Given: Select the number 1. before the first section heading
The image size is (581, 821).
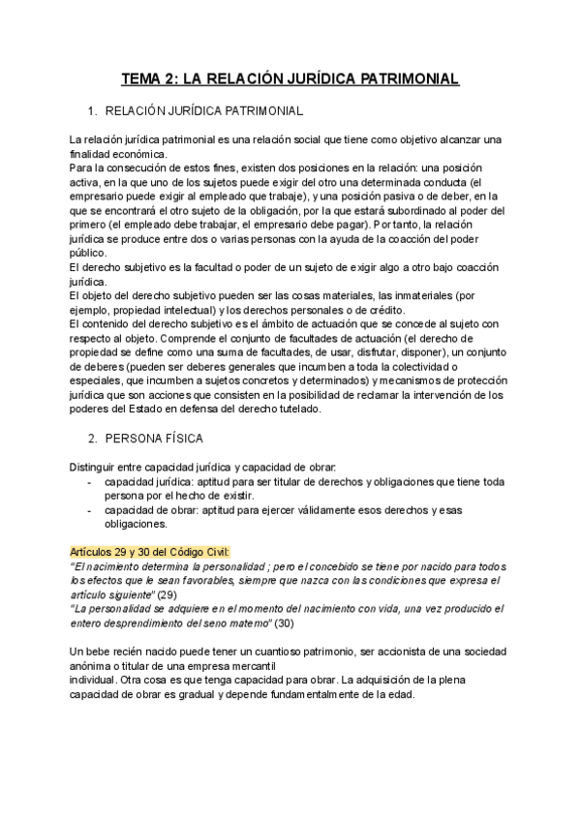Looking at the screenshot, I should (93, 110).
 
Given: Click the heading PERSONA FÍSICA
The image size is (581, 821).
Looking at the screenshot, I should (154, 438).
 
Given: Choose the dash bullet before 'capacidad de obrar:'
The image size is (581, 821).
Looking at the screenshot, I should (90, 510).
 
